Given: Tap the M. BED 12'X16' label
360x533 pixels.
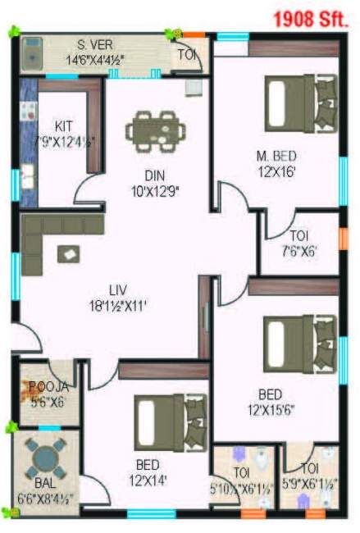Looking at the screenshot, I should tap(275, 163).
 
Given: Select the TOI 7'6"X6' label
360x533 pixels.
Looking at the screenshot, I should tap(298, 242).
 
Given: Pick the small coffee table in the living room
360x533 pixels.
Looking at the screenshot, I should tap(66, 254).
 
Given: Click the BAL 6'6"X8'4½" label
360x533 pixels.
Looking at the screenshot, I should tap(47, 490).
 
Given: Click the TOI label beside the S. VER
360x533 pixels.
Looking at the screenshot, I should tap(186, 54).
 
